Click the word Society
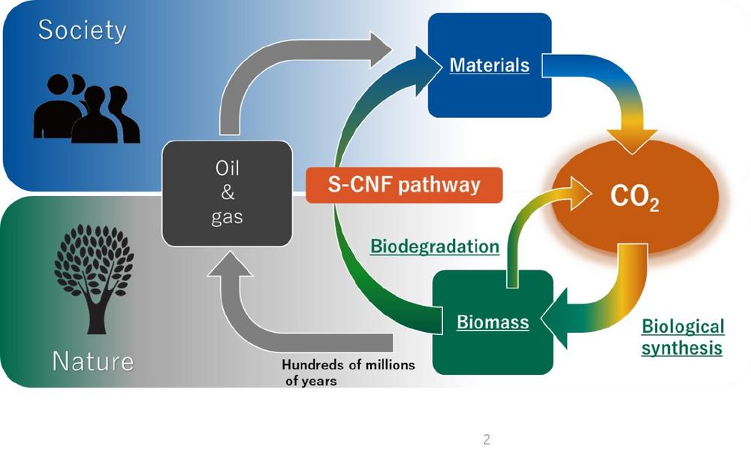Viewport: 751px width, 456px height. coord(83,31)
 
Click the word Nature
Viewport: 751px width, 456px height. coord(92,361)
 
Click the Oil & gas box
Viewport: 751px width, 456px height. coord(228,193)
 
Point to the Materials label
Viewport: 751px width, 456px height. coord(489,65)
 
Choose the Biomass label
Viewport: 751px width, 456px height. coord(493,322)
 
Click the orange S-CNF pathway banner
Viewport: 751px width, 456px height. coord(404,185)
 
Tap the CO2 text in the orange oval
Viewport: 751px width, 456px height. coord(635,199)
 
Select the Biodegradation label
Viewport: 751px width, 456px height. coord(435,246)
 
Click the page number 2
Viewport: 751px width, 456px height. coord(486,440)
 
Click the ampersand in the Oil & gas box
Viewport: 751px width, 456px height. coord(228,193)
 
